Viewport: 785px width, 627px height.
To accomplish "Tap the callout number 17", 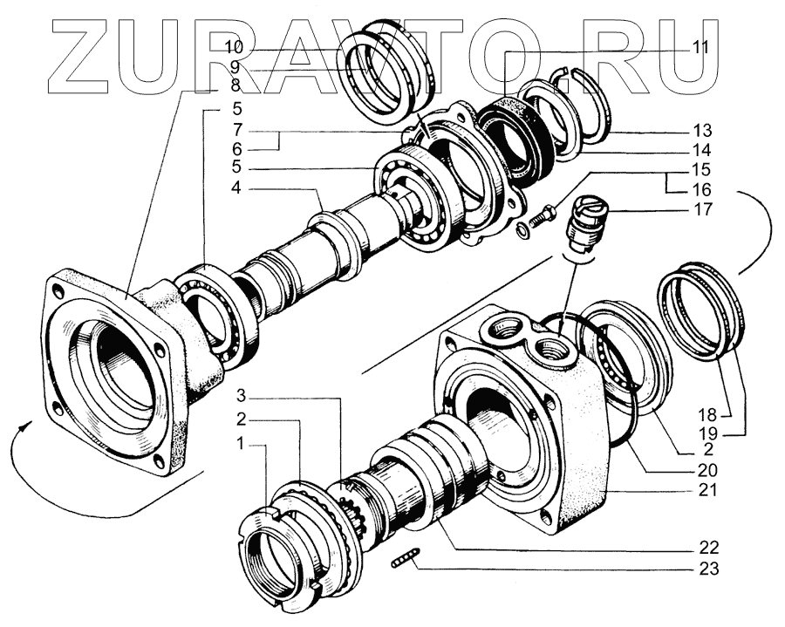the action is pos(703,209).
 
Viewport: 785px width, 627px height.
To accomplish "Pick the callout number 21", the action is pos(707,490).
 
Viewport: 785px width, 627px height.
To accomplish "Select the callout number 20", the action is pos(707,470).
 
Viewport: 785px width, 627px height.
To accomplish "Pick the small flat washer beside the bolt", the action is pos(521,230).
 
